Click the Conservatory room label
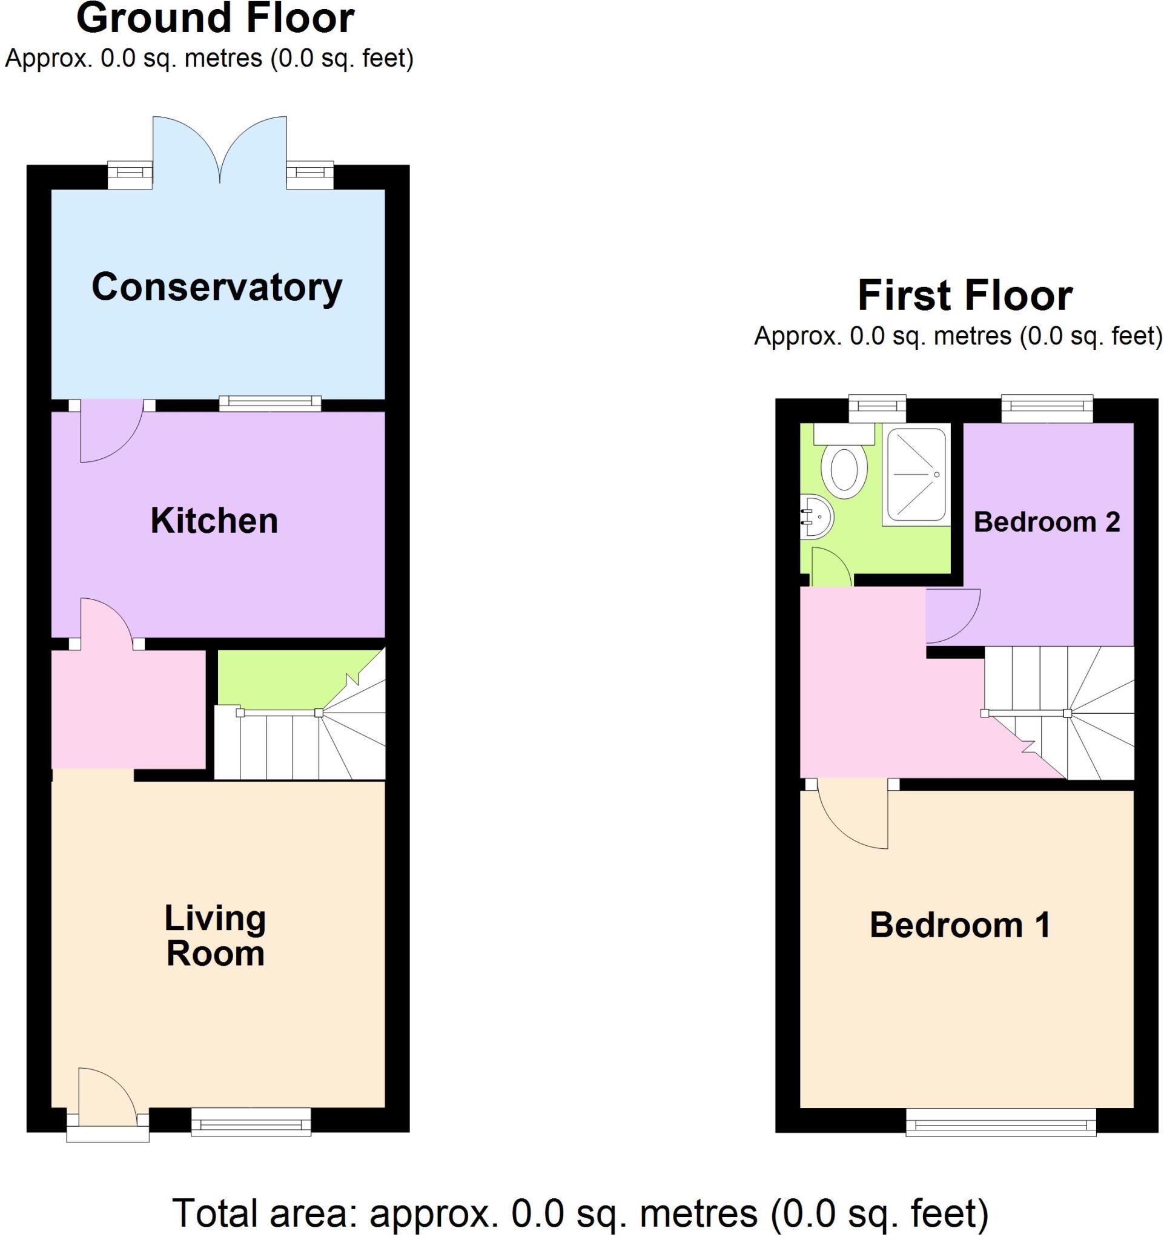(x=216, y=288)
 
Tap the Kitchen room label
(x=214, y=521)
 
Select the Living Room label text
(x=215, y=935)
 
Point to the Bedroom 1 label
(x=959, y=925)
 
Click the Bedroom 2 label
(x=1046, y=521)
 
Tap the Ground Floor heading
(x=215, y=19)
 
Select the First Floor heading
(x=964, y=295)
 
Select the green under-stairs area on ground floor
(x=287, y=677)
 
